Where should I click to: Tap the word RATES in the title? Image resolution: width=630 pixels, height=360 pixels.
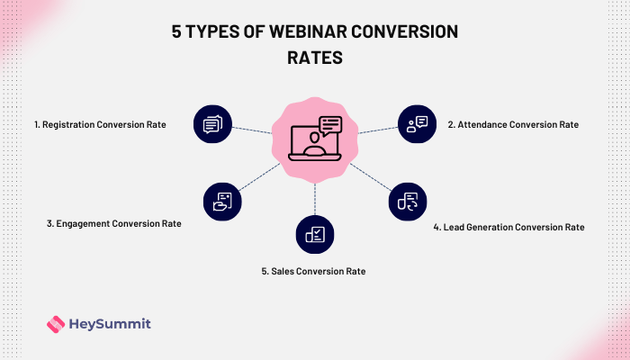coord(315,56)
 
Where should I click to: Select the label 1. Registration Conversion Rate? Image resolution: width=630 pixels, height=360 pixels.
coord(99,124)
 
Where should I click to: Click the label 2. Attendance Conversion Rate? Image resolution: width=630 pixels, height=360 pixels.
coord(512,124)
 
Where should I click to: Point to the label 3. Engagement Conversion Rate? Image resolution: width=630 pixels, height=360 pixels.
coord(113,223)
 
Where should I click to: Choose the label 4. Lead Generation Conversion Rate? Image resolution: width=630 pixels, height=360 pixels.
coord(508,228)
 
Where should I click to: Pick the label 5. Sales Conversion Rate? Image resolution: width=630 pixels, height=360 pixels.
coord(315,270)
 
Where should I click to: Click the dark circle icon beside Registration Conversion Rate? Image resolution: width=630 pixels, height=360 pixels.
coord(212,124)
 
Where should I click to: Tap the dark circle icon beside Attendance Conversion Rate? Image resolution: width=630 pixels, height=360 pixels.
coord(417,124)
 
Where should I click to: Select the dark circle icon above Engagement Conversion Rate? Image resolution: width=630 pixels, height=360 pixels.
coord(221,201)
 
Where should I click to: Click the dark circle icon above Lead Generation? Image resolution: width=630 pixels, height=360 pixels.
coord(408,202)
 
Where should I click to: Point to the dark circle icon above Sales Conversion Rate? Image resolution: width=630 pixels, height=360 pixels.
coord(315,235)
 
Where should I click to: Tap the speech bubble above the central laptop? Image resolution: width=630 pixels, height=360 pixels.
coord(330,125)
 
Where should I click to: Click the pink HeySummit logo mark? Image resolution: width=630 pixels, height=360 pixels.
coord(55,323)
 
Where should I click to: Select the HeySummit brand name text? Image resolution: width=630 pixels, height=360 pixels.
coord(110,323)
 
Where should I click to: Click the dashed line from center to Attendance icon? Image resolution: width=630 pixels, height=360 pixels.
coord(377,130)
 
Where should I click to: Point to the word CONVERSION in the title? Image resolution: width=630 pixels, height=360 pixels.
coord(402,31)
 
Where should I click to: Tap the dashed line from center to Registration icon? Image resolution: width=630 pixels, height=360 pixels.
coord(252,130)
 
